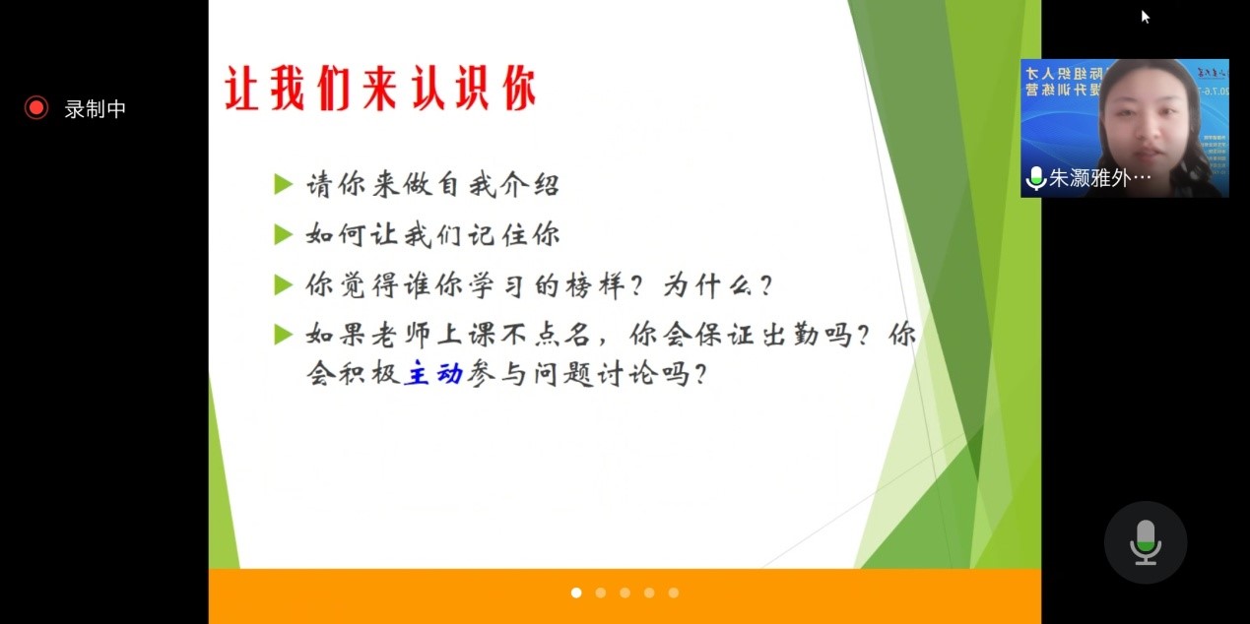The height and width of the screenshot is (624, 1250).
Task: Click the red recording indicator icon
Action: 36,108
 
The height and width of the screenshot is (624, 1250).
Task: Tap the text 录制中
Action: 96,109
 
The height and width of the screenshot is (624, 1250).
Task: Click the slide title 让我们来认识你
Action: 380,91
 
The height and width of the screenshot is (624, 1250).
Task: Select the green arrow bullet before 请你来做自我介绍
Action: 284,184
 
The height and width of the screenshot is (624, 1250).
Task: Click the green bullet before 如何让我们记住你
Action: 284,234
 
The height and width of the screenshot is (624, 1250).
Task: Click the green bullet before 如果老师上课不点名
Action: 284,335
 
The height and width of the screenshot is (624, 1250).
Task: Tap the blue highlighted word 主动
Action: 433,375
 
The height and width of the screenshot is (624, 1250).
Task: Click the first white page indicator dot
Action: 576,593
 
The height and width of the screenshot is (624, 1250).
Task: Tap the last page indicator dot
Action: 674,593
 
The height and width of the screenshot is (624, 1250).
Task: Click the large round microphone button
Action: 1145,542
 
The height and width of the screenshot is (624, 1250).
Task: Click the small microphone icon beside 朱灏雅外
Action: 1035,178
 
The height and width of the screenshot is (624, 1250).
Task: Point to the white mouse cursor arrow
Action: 1146,17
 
